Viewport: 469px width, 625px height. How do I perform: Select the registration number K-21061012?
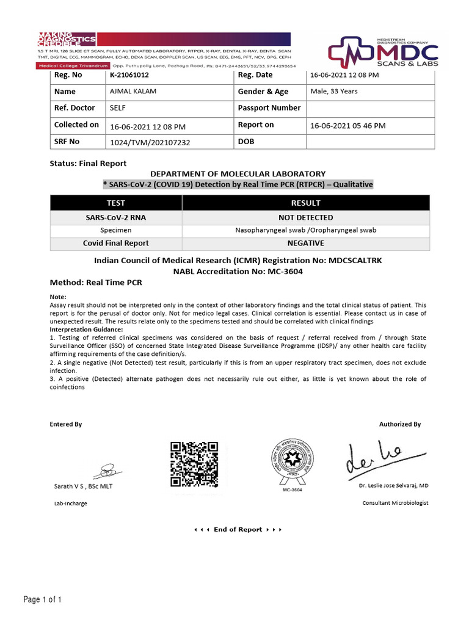coord(129,75)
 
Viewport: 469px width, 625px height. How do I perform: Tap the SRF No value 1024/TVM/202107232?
coord(150,142)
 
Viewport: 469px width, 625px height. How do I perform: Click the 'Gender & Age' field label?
coord(263,92)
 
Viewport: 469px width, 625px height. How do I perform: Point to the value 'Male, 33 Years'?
coord(334,92)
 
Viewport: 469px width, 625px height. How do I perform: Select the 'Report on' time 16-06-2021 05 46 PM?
coord(347,125)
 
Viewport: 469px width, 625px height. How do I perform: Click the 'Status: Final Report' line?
coord(88,164)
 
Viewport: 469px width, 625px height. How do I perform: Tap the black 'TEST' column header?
coord(116,203)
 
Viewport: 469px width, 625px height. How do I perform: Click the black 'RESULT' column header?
coord(306,203)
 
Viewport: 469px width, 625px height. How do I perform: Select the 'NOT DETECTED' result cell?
coord(306,217)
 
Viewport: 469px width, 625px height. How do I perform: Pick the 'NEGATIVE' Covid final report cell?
coord(306,243)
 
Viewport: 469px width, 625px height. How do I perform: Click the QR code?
coord(194,464)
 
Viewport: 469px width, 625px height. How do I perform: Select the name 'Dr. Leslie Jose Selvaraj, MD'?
coord(393,486)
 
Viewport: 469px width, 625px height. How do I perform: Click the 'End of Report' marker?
coord(238,530)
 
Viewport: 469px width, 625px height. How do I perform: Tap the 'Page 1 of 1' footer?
coord(43,600)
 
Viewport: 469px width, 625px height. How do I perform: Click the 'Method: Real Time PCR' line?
coord(95,283)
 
